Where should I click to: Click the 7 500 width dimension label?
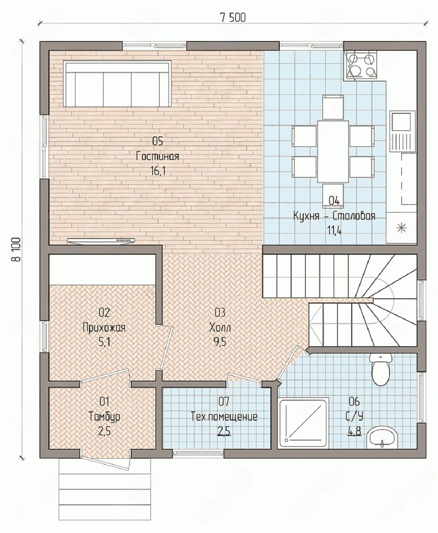[x=233, y=17]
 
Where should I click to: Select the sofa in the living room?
[x=117, y=84]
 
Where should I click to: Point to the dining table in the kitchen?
[x=333, y=151]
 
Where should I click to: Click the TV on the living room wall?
[x=101, y=241]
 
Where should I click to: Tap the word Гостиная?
[x=157, y=156]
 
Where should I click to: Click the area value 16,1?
[x=158, y=171]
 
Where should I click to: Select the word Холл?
[x=220, y=328]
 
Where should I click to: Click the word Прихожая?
[x=104, y=328]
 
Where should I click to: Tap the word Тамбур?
[x=104, y=417]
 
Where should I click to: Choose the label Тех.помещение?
[x=224, y=416]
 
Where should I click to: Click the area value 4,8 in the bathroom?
[x=354, y=431]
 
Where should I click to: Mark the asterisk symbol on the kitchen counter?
[x=401, y=228]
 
